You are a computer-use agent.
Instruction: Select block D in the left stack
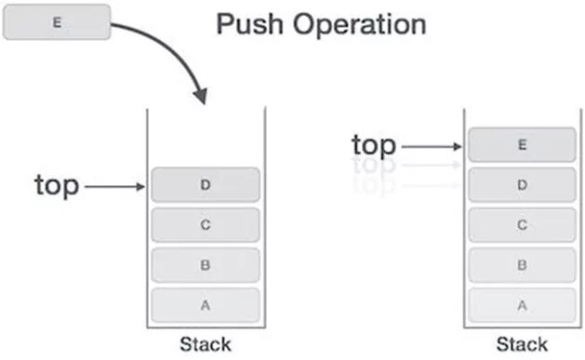tap(206, 185)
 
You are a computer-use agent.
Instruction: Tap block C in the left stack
tap(206, 225)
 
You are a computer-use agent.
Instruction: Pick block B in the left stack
tap(206, 265)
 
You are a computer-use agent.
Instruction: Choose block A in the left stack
tap(206, 304)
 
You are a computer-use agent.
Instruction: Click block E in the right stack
tap(522, 145)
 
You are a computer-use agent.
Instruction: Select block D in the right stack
tap(522, 185)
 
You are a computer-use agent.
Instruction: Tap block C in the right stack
tap(522, 225)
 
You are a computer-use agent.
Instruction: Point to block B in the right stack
tap(522, 265)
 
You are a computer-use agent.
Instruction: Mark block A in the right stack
tap(522, 304)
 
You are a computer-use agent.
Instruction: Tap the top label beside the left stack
tap(58, 186)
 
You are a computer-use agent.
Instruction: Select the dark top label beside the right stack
tap(374, 145)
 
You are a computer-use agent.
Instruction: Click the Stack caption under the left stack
tap(206, 344)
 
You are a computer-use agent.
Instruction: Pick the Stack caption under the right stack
tap(522, 344)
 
